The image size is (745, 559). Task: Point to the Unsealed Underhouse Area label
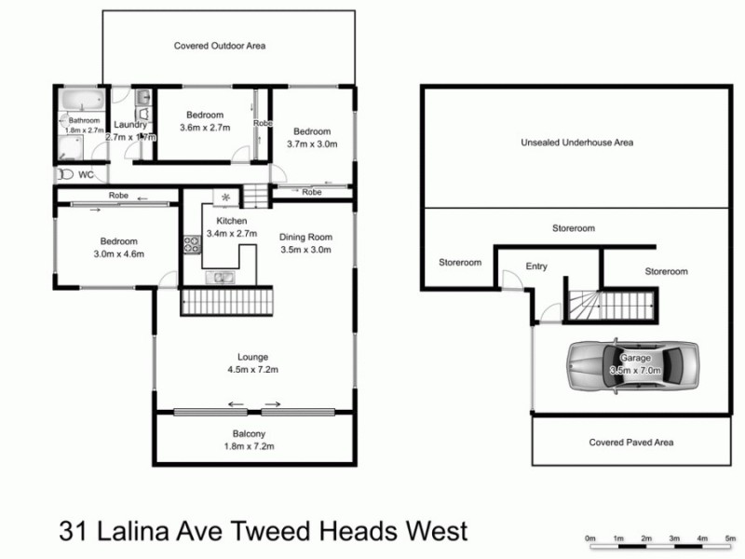[577, 143]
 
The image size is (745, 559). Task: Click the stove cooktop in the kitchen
[192, 245]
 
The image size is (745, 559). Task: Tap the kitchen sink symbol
[223, 277]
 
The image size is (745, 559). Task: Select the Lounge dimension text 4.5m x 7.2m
[252, 370]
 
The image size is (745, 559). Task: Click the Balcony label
[249, 433]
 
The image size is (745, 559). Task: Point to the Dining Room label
[305, 237]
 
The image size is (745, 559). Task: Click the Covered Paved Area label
[631, 443]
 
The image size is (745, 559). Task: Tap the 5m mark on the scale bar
[730, 539]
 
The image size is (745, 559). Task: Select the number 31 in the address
[73, 532]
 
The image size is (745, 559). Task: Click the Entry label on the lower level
[536, 266]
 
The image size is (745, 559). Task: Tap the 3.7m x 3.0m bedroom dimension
[311, 144]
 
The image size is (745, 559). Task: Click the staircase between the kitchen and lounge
[228, 302]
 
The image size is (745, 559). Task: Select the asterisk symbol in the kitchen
[225, 197]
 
